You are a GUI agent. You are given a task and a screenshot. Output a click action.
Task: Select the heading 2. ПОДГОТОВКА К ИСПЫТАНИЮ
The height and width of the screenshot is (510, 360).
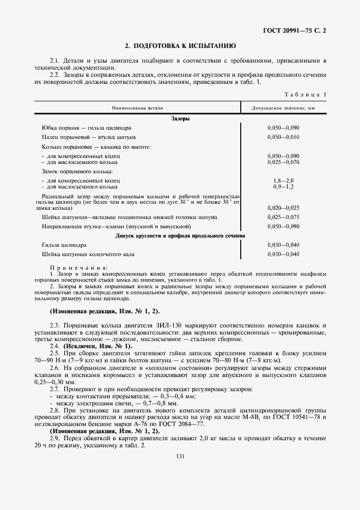(x=180, y=46)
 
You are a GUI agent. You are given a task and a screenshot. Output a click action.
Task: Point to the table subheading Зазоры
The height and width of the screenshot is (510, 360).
(x=180, y=118)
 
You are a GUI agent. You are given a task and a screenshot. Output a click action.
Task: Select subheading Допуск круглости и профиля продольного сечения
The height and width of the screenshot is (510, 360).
(x=180, y=236)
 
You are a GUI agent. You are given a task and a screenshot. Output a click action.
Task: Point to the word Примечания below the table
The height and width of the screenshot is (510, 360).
(x=71, y=268)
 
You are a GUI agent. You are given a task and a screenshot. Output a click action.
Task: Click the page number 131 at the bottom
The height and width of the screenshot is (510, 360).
(x=180, y=456)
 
